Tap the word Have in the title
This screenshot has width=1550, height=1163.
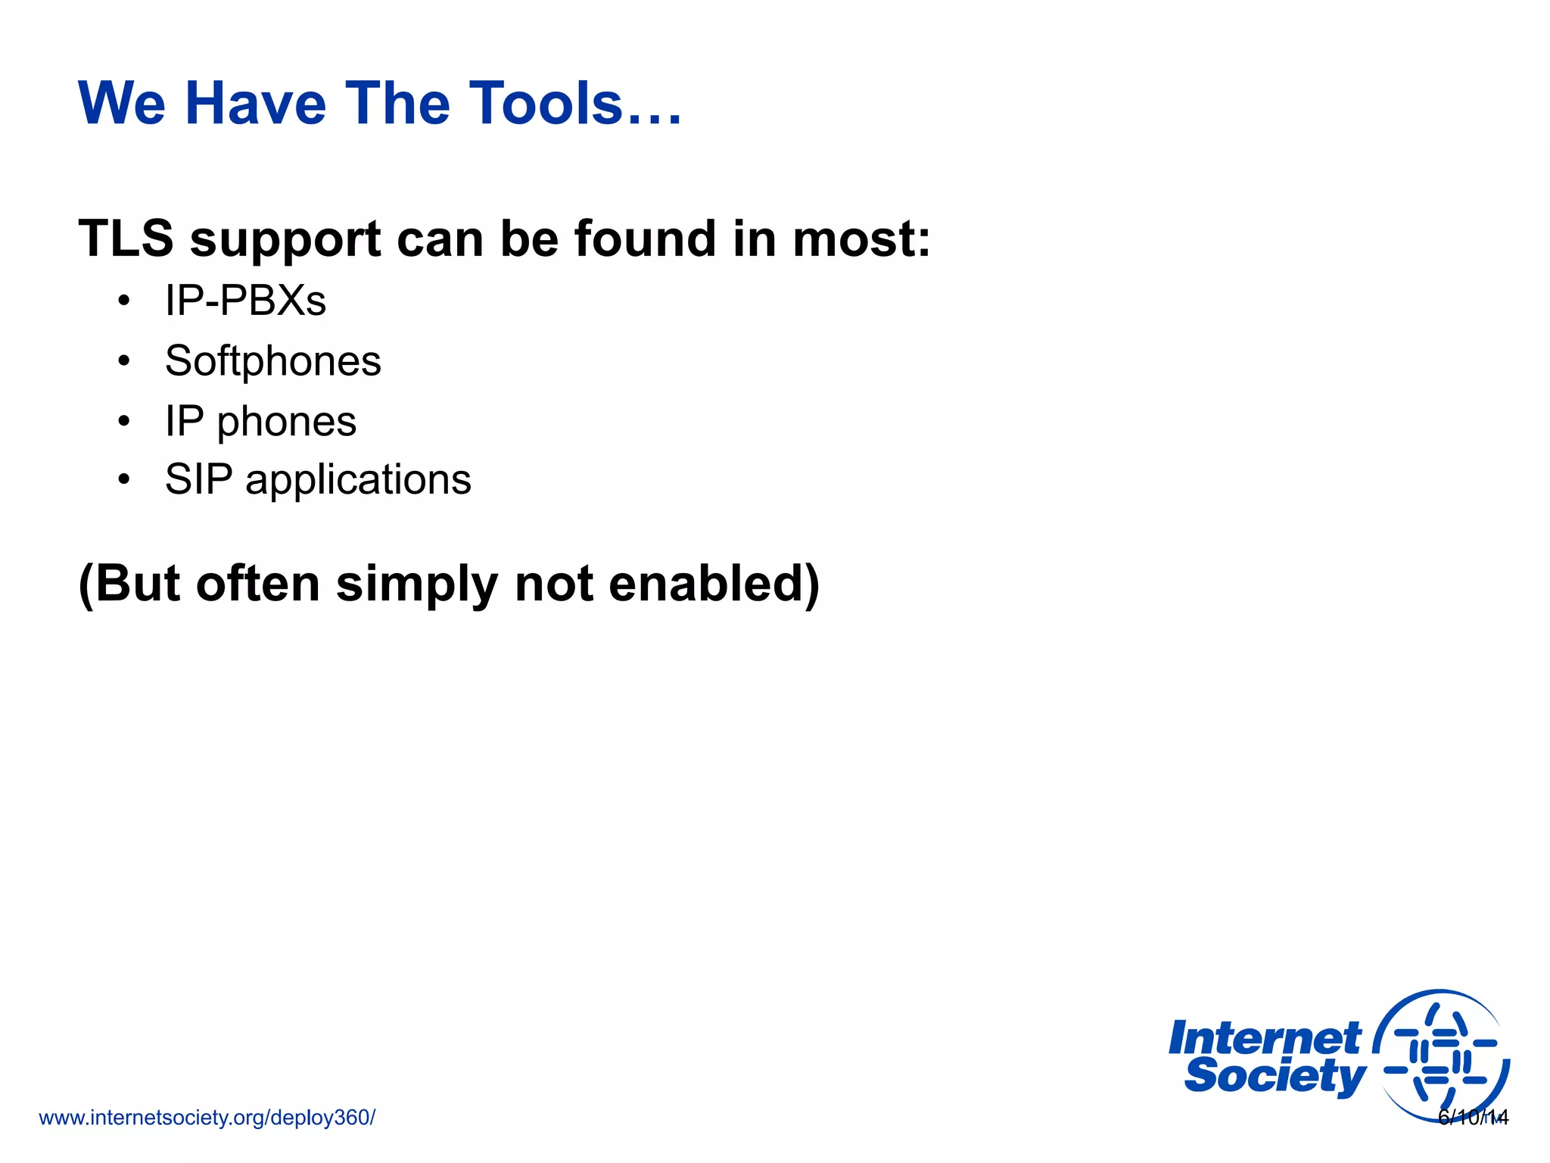pos(255,104)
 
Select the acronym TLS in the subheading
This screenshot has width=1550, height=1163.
pos(126,239)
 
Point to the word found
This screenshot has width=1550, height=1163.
pos(645,239)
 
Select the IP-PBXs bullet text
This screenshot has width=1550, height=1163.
pos(245,301)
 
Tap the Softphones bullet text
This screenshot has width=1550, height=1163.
pos(272,361)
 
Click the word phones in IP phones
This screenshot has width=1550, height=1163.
pos(286,422)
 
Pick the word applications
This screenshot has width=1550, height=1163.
pos(358,481)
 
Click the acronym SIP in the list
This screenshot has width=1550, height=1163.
pos(198,479)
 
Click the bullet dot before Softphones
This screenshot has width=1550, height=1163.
pos(124,361)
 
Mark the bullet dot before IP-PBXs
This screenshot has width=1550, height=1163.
pos(124,301)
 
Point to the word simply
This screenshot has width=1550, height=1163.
pos(416,585)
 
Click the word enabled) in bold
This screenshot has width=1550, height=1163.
pos(714,584)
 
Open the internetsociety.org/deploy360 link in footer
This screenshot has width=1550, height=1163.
pos(207,1118)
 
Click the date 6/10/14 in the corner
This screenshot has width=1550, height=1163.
pos(1473,1118)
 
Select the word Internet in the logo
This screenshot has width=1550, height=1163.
pos(1264,1038)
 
